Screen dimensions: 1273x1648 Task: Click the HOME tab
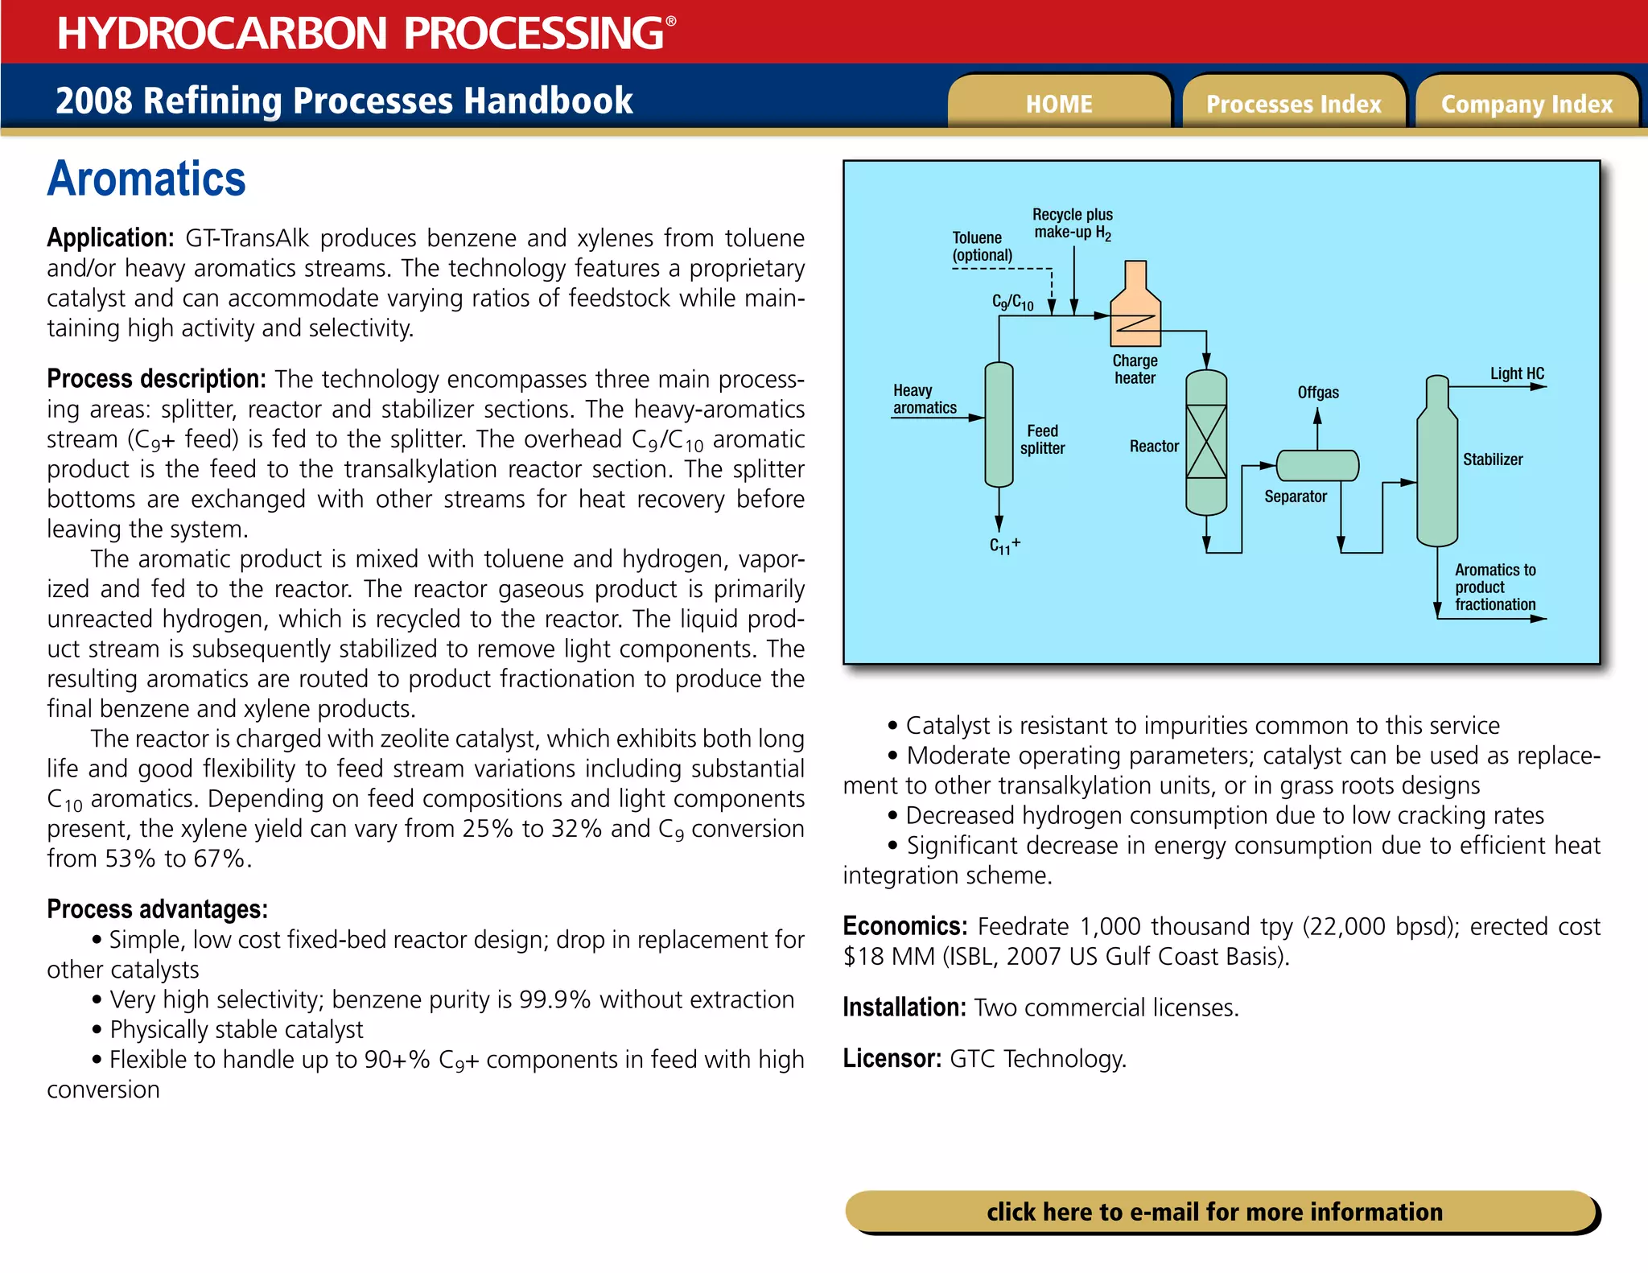point(1059,104)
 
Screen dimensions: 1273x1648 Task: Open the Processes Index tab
point(1293,104)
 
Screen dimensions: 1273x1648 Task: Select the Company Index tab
point(1526,104)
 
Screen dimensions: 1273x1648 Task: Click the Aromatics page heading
point(146,179)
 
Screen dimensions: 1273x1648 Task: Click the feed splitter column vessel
point(999,425)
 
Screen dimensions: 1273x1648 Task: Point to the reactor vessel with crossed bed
point(1205,443)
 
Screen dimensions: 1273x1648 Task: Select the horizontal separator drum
point(1317,465)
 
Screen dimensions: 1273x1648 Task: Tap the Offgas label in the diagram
point(1318,393)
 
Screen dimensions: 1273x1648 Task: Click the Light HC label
point(1517,373)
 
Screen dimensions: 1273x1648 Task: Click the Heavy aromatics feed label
point(924,399)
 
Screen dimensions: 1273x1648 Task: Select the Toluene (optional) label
point(982,246)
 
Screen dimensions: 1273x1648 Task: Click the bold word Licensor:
point(892,1058)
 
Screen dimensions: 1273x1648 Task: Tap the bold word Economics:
point(904,926)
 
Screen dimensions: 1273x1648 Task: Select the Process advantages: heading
point(157,909)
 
